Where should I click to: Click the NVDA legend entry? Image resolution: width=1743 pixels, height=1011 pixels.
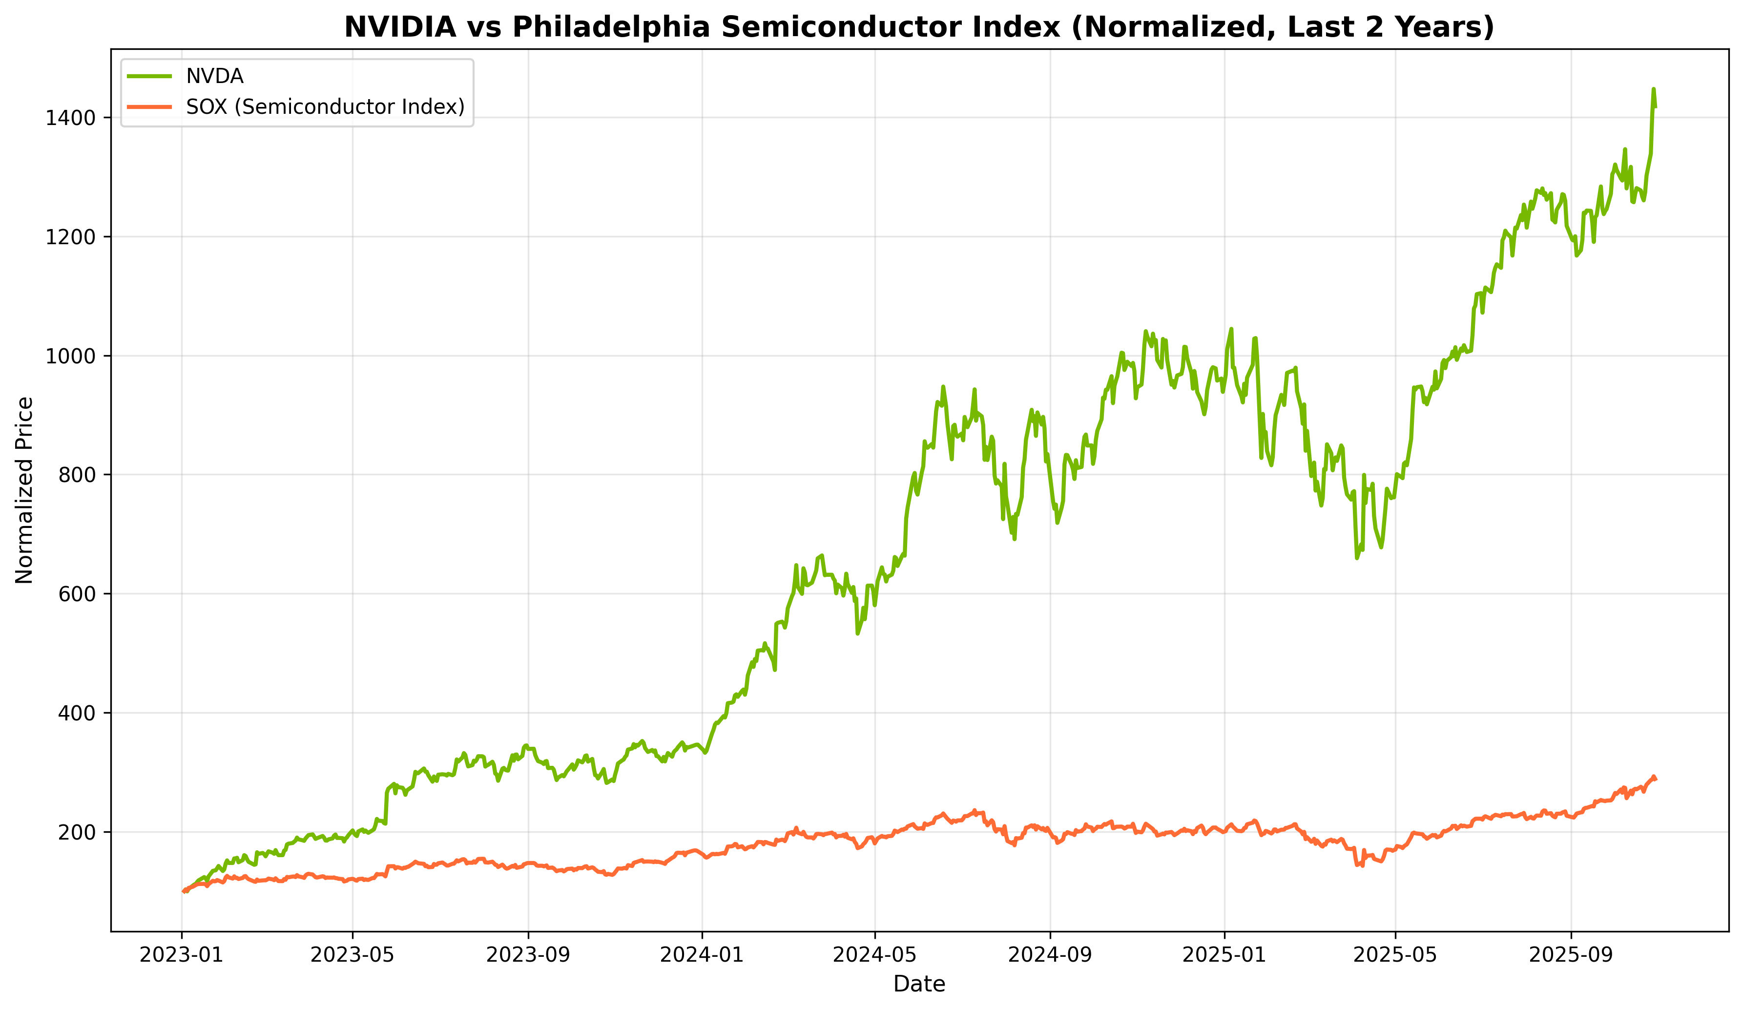(x=214, y=76)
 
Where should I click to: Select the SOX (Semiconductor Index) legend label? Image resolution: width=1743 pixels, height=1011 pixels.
(x=325, y=106)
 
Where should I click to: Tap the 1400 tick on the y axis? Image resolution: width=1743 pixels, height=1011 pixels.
(x=70, y=118)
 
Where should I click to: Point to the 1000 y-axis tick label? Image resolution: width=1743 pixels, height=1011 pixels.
(x=70, y=357)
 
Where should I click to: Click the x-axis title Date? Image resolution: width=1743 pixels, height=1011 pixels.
(x=919, y=984)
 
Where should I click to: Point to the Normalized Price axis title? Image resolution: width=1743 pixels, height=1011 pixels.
(x=25, y=490)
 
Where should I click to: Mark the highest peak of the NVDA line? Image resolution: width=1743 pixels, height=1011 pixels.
(x=1654, y=89)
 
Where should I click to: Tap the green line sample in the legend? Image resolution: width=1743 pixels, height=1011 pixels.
(x=149, y=76)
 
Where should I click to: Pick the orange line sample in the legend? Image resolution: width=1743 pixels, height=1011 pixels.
(x=149, y=106)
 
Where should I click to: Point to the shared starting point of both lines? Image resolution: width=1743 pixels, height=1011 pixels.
(x=183, y=891)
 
